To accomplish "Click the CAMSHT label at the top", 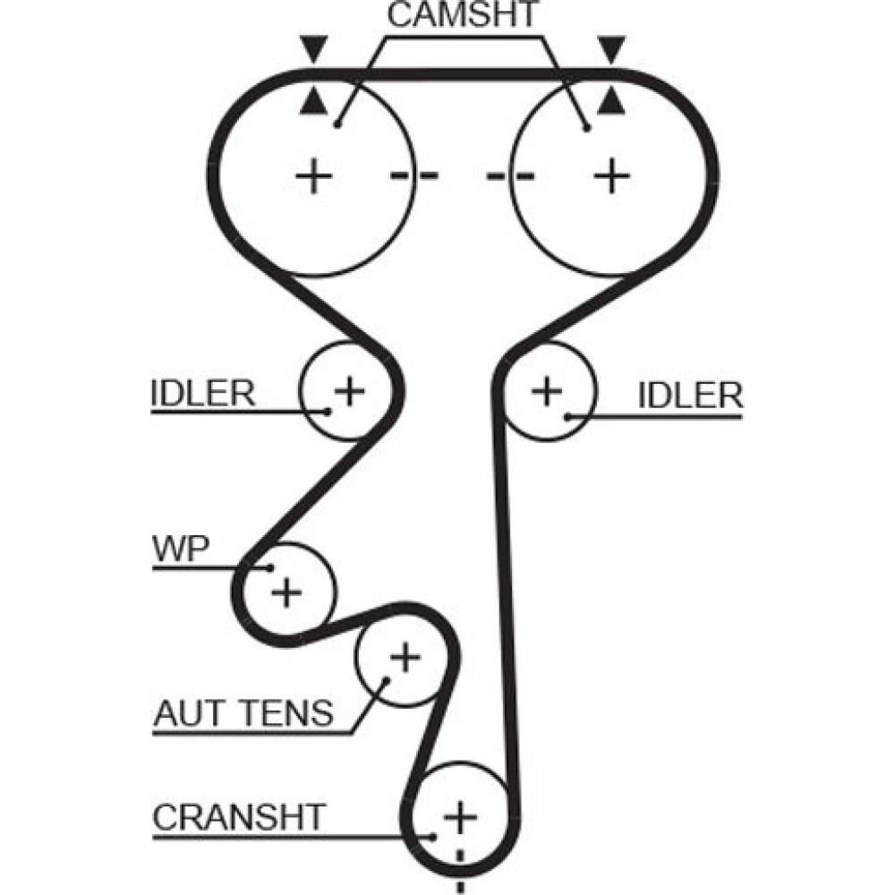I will [x=464, y=15].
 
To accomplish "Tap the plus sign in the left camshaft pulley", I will [x=314, y=175].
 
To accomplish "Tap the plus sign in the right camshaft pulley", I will [x=612, y=175].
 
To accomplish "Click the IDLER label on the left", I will [x=203, y=394].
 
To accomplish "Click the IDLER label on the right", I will [x=690, y=395].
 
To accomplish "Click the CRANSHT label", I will [x=238, y=816].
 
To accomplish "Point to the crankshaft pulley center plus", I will [x=460, y=816].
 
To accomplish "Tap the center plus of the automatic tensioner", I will [x=405, y=659].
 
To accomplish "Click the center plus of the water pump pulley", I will [x=287, y=591].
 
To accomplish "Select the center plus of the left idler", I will [x=350, y=390].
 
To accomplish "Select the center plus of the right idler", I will [x=546, y=390].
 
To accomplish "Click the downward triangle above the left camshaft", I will [x=312, y=47].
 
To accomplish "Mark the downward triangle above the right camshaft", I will [x=611, y=47].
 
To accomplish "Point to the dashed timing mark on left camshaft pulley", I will [x=414, y=175].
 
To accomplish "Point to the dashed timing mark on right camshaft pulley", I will [x=511, y=175].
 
